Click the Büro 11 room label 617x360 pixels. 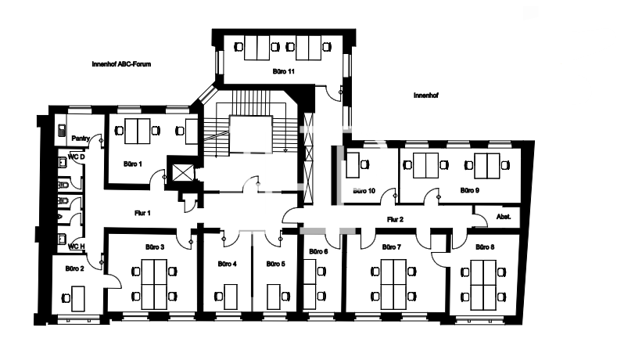pos(283,72)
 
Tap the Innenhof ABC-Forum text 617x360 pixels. pos(121,64)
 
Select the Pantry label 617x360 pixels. pos(81,139)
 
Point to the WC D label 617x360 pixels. pos(77,157)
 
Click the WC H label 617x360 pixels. pos(77,247)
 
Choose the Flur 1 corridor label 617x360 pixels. pos(142,213)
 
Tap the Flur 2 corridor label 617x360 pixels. pos(395,220)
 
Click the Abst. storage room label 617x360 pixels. pos(504,217)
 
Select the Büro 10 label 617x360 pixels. pos(364,191)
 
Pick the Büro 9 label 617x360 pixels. pos(469,191)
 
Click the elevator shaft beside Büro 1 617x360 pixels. pos(183,172)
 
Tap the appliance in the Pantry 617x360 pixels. pos(62,131)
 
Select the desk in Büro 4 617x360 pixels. pos(230,297)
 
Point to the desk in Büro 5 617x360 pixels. pos(274,297)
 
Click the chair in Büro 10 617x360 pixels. pos(365,164)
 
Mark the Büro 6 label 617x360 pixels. pos(318,252)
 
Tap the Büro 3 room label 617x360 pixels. pos(155,247)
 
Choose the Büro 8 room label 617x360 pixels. pos(485,247)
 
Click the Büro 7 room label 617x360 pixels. pos(392,247)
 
